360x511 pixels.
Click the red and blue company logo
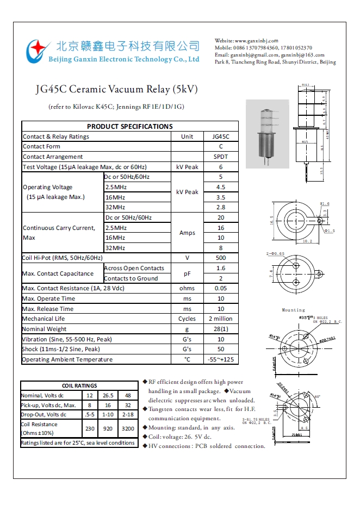pyautogui.click(x=38, y=51)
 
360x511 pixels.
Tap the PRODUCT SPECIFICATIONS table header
pyautogui.click(x=129, y=126)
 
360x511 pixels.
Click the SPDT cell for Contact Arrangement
pyautogui.click(x=221, y=157)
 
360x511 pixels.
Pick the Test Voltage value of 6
pyautogui.click(x=221, y=167)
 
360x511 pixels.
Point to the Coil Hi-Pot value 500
pyautogui.click(x=221, y=258)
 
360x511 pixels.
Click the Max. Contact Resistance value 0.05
pyautogui.click(x=221, y=288)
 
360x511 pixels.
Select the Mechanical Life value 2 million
pyautogui.click(x=221, y=319)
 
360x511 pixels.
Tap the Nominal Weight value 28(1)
pyautogui.click(x=221, y=329)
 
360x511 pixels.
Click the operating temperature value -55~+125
pyautogui.click(x=221, y=359)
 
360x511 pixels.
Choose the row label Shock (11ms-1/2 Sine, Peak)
pyautogui.click(x=61, y=349)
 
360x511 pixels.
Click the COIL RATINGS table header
pyautogui.click(x=79, y=385)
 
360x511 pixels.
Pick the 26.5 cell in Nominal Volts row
pyautogui.click(x=108, y=395)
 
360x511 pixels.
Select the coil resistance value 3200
pyautogui.click(x=128, y=428)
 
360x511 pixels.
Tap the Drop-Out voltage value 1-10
pyautogui.click(x=108, y=415)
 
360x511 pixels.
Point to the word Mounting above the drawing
pyautogui.click(x=293, y=310)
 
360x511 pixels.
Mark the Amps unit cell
pyautogui.click(x=187, y=233)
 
